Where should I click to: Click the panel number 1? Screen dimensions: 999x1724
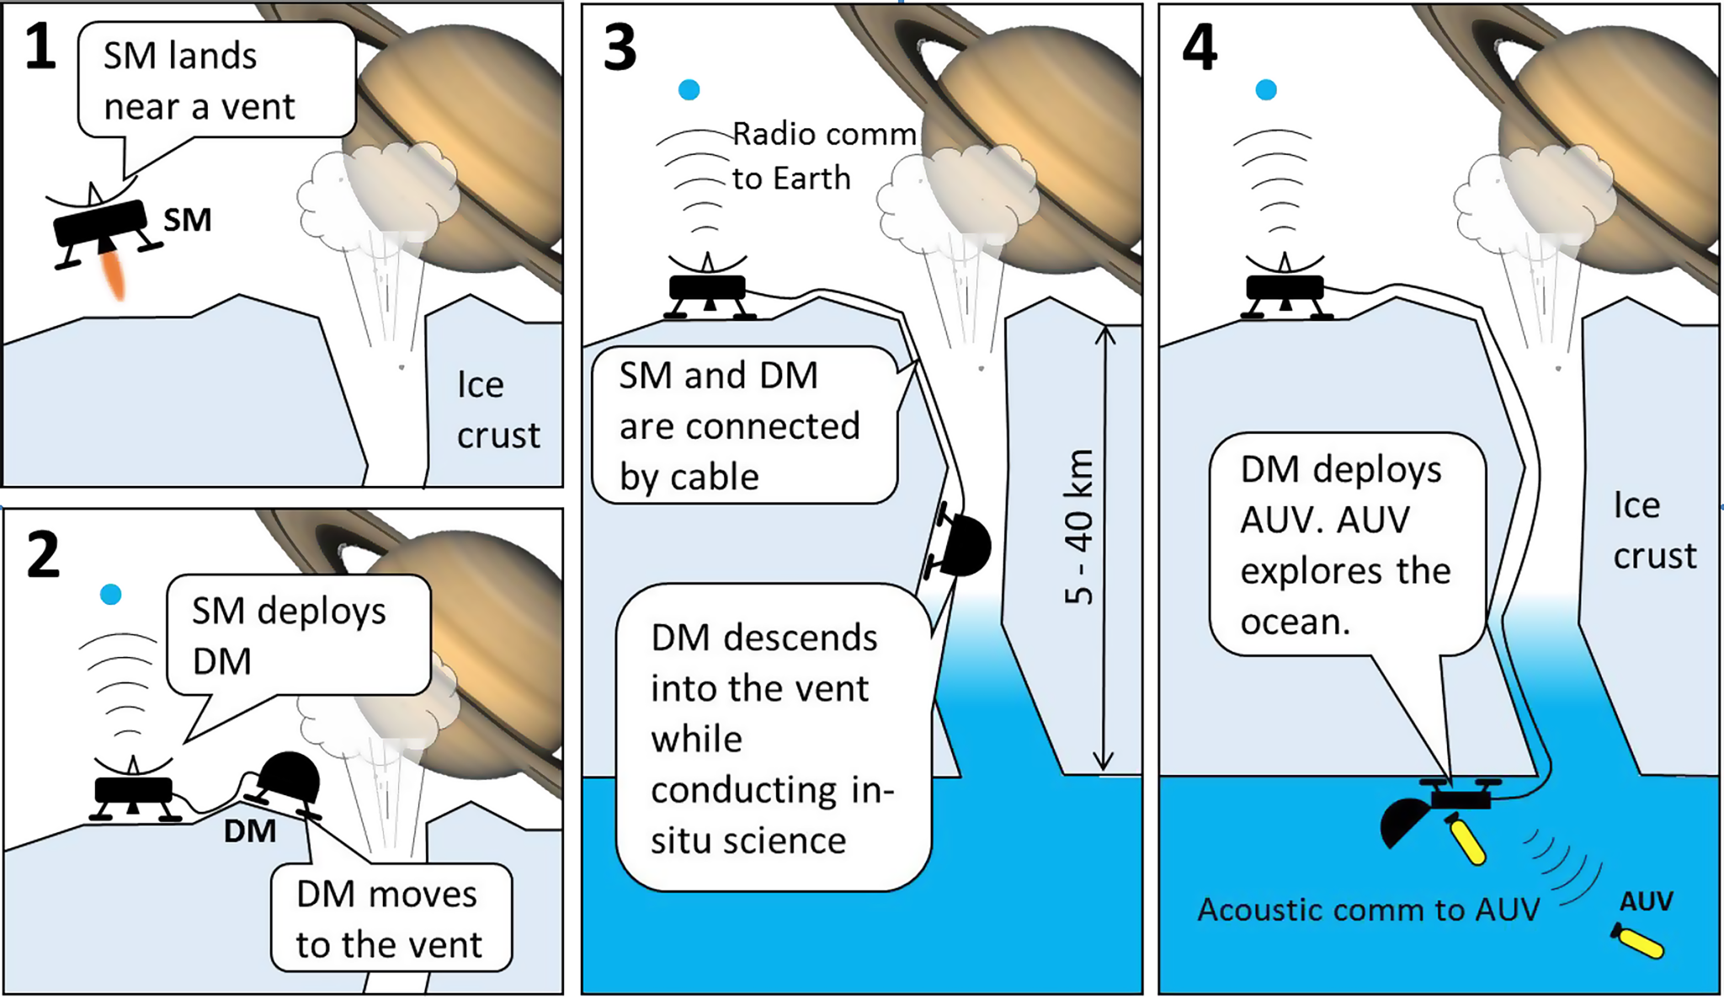pyautogui.click(x=40, y=47)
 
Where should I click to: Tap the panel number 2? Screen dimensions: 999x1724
pyautogui.click(x=43, y=555)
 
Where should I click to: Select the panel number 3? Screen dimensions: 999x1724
pyautogui.click(x=620, y=48)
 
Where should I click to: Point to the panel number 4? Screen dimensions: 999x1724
pyautogui.click(x=1200, y=48)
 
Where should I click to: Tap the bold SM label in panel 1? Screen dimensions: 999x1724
pyautogui.click(x=187, y=221)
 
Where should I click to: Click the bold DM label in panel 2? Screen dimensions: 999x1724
pyautogui.click(x=249, y=831)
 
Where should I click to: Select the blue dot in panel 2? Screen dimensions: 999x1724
pyautogui.click(x=111, y=595)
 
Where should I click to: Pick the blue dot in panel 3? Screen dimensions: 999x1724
pyautogui.click(x=689, y=89)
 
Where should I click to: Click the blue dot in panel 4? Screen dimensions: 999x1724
pyautogui.click(x=1266, y=89)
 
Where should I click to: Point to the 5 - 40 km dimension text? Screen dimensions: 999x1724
pyautogui.click(x=1079, y=526)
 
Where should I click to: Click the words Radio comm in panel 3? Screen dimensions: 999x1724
pyautogui.click(x=823, y=134)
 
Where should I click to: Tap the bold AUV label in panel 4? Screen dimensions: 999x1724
pyautogui.click(x=1646, y=902)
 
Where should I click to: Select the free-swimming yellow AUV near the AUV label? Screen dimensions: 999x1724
pyautogui.click(x=1638, y=942)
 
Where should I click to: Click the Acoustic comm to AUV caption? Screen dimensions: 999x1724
pyautogui.click(x=1368, y=910)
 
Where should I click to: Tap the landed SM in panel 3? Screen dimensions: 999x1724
pyautogui.click(x=707, y=291)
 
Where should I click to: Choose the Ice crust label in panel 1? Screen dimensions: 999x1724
pyautogui.click(x=498, y=410)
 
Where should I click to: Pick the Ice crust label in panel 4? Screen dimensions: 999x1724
pyautogui.click(x=1653, y=531)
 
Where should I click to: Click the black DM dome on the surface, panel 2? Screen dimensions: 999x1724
pyautogui.click(x=289, y=778)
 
